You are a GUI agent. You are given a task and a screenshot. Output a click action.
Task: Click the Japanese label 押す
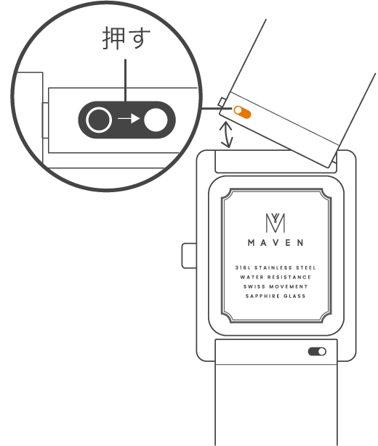[x=126, y=38]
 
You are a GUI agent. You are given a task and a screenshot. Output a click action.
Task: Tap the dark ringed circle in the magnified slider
[x=99, y=120]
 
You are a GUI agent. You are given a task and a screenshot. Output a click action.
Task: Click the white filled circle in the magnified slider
[x=156, y=120]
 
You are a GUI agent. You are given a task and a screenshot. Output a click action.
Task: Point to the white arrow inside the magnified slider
[x=129, y=119]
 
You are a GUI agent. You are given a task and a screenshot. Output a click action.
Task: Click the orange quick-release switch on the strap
[x=242, y=112]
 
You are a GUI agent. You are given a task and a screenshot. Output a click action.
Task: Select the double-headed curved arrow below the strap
[x=226, y=135]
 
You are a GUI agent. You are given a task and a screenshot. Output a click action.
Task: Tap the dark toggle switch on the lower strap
[x=317, y=352]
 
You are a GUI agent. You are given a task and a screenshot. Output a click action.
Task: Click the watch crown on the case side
[x=189, y=255]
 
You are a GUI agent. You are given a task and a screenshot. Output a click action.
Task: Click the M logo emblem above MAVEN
[x=276, y=223]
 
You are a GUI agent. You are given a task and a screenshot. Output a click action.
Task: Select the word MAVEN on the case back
[x=276, y=243]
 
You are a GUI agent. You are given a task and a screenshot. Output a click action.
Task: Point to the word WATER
[x=252, y=277]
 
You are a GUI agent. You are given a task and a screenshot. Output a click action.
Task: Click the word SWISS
[x=254, y=286]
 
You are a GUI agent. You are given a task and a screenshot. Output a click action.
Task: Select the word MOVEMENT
[x=289, y=286]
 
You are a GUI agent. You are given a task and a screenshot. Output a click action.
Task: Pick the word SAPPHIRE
[x=262, y=296]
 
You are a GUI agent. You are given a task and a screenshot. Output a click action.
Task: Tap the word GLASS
[x=294, y=296]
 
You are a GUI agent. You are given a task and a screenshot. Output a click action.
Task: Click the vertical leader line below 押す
[x=126, y=80]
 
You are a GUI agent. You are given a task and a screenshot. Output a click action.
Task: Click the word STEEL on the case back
[x=306, y=268]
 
